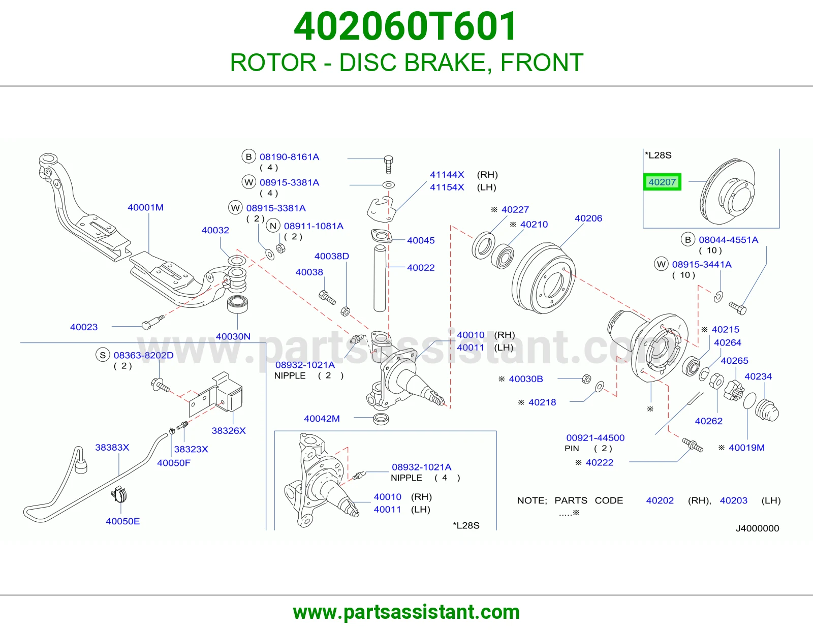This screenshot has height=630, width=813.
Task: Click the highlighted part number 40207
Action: click(662, 182)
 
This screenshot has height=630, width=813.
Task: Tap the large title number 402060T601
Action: click(405, 26)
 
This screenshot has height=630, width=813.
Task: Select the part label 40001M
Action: click(145, 207)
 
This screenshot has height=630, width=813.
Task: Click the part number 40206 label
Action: click(588, 218)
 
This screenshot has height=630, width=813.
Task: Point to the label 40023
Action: click(84, 327)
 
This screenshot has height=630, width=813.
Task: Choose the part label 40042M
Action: click(322, 419)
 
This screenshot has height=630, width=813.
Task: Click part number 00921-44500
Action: click(595, 438)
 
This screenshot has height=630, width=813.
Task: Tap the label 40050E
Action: click(123, 521)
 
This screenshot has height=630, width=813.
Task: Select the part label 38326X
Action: click(229, 431)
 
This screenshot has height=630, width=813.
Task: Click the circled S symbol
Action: click(103, 355)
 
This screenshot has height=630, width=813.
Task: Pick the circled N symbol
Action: click(273, 226)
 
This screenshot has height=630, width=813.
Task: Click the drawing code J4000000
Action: click(757, 528)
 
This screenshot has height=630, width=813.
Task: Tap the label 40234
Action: click(758, 376)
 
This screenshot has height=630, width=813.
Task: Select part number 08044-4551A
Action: click(729, 240)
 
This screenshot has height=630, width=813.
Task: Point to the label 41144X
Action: click(447, 175)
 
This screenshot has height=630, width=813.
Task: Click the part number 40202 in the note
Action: click(660, 500)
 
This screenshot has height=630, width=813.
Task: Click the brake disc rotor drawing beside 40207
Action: click(727, 192)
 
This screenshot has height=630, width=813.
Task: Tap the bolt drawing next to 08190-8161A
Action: click(388, 165)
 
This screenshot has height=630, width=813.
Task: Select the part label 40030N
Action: click(233, 336)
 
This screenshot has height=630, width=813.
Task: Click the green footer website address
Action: click(407, 612)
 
